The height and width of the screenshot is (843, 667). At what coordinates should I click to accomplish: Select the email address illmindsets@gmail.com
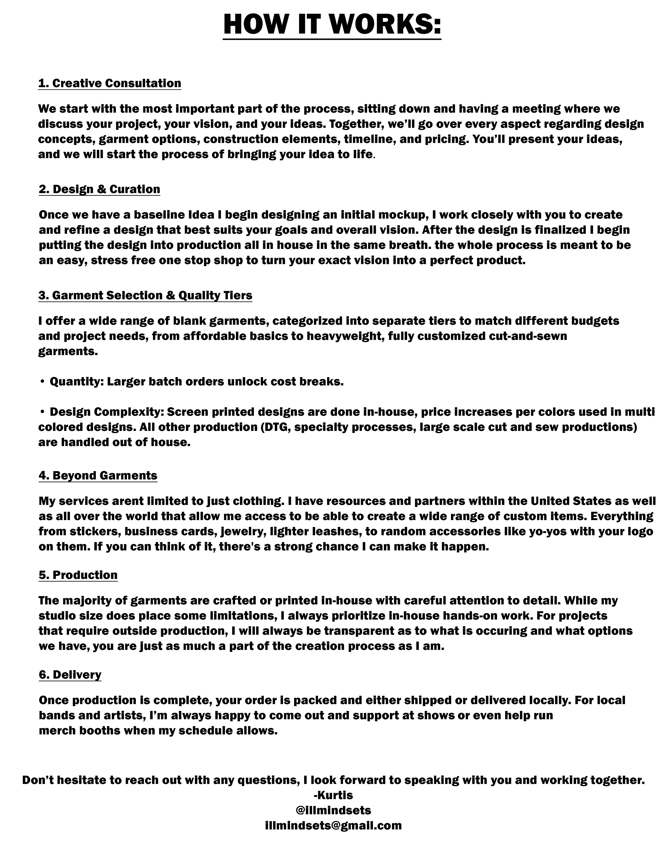point(333,825)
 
